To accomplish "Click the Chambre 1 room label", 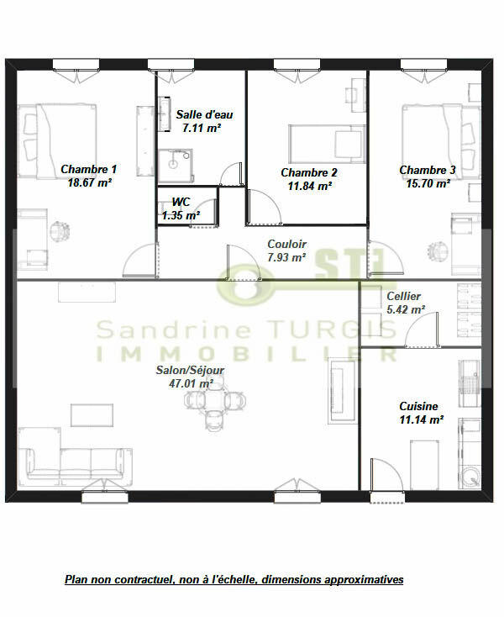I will click(x=89, y=169).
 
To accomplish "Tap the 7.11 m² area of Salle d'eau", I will click(x=202, y=129).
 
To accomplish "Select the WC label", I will click(x=181, y=203).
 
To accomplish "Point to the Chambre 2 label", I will click(x=308, y=173).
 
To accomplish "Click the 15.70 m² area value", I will click(x=428, y=182).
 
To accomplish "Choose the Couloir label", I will click(x=286, y=245).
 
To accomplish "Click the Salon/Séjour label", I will click(x=190, y=370).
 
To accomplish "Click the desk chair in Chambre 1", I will click(x=59, y=230).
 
